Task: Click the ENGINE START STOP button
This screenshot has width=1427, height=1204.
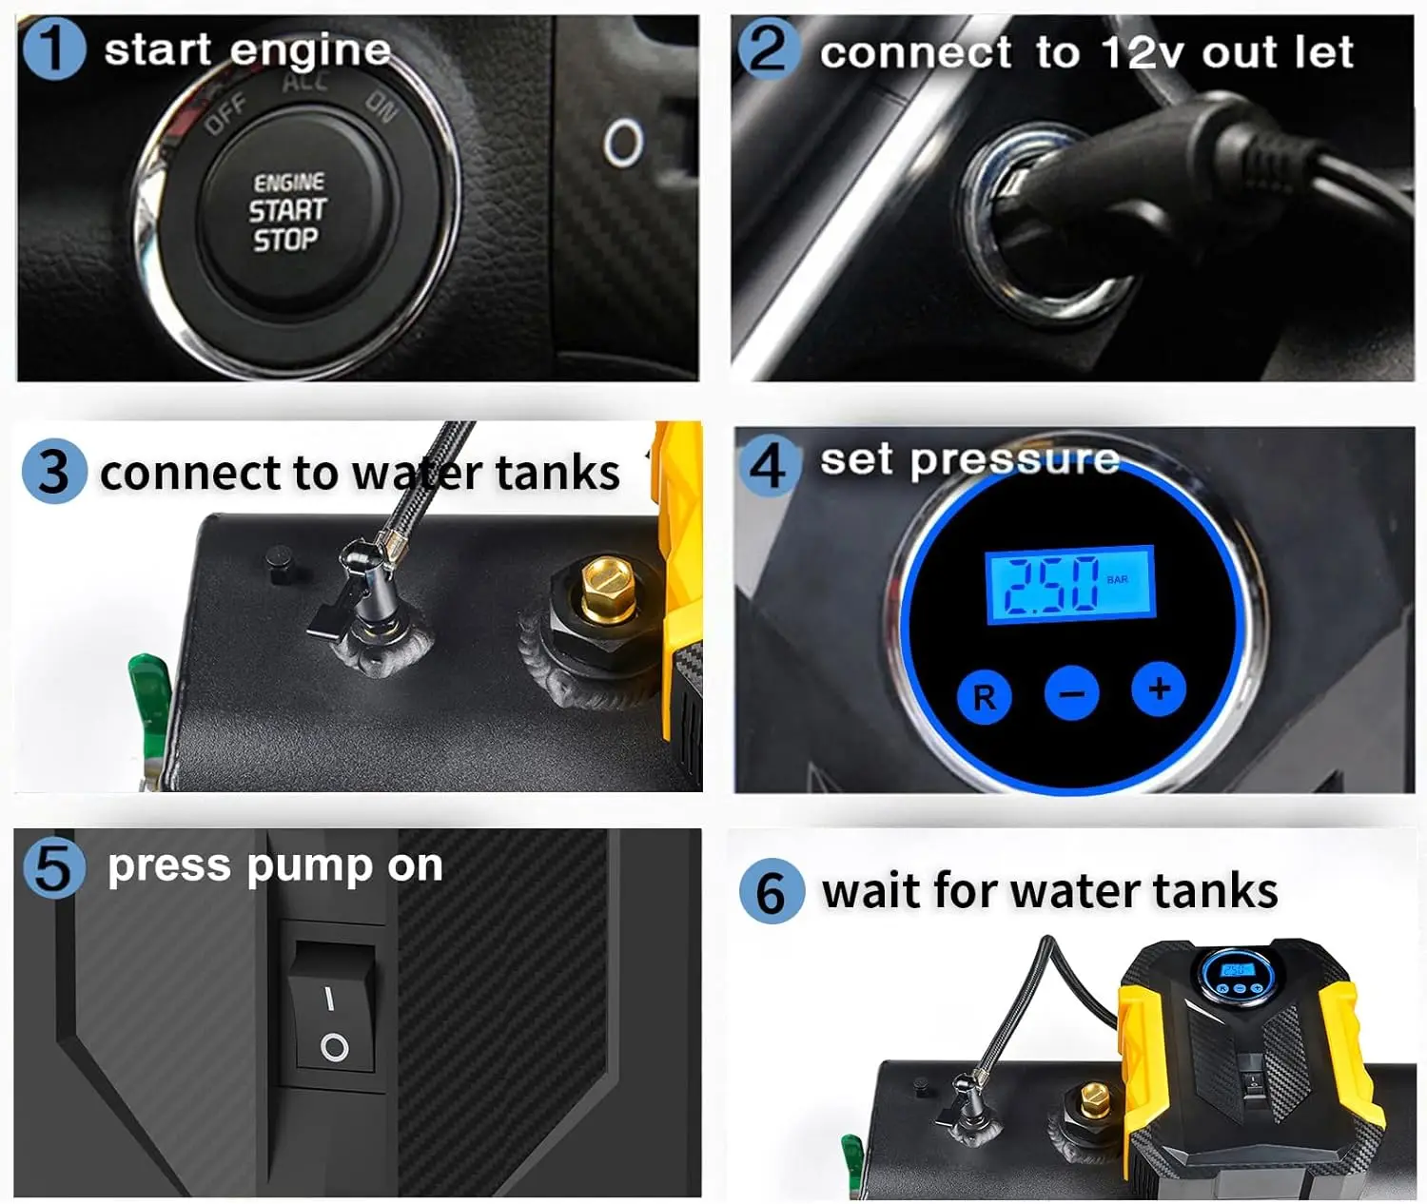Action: point(287,211)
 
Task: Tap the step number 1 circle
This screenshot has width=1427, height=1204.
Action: point(53,49)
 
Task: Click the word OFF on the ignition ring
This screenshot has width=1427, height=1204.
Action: point(225,115)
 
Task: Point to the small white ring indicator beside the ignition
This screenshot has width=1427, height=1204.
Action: point(623,143)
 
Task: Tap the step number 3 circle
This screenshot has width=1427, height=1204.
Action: point(53,471)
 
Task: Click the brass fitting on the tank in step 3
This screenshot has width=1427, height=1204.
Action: point(606,587)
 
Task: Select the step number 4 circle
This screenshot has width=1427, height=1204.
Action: point(769,464)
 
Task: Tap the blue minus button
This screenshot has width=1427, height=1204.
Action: point(1071,693)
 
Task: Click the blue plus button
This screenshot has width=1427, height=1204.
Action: point(1158,688)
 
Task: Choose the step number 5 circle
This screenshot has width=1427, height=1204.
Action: point(53,866)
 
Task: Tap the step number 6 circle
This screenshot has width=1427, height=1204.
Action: point(772,891)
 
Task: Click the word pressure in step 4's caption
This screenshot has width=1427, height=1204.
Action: point(1014,460)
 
